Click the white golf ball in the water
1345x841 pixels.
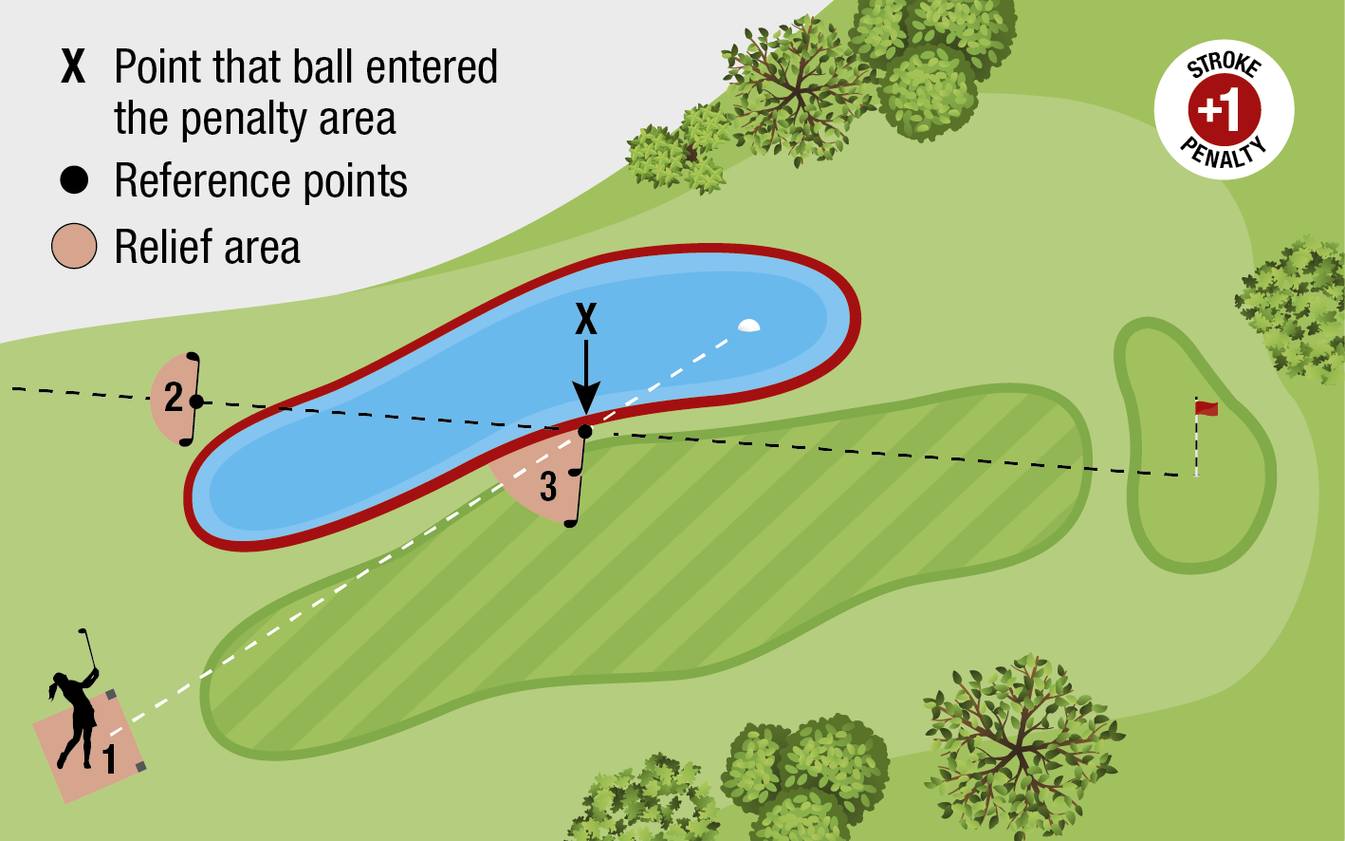coord(748,326)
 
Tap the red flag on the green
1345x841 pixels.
coord(1207,408)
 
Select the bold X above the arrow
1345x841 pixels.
coord(586,320)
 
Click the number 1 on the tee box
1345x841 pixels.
coord(110,759)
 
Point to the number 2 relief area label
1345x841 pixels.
coord(173,397)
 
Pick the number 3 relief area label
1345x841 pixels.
coord(548,486)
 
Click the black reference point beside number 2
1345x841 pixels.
coord(196,402)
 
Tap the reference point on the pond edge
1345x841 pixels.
coord(585,432)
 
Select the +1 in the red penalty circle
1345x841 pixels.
coord(1223,110)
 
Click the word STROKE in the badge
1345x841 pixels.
coord(1224,65)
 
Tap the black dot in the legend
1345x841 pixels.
coord(74,180)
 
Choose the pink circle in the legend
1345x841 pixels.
coord(74,247)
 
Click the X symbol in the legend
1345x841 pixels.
coord(73,67)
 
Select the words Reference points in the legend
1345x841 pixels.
coord(261,180)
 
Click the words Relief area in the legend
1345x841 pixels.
coord(207,247)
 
